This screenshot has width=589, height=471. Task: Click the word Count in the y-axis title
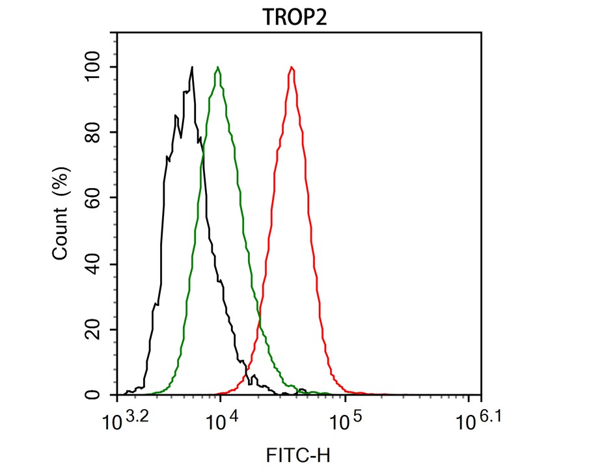pyautogui.click(x=61, y=232)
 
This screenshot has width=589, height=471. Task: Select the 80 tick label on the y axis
pyautogui.click(x=99, y=133)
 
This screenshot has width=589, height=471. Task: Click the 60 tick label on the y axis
pyautogui.click(x=99, y=198)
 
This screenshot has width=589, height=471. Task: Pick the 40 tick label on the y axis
pyautogui.click(x=99, y=264)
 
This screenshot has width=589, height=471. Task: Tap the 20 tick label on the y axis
pyautogui.click(x=99, y=330)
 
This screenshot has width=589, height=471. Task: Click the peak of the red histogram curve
pyautogui.click(x=292, y=67)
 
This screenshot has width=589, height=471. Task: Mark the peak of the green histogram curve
pyautogui.click(x=218, y=67)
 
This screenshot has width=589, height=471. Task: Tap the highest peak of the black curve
pyautogui.click(x=192, y=67)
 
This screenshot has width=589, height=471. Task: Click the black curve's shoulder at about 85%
pyautogui.click(x=176, y=116)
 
